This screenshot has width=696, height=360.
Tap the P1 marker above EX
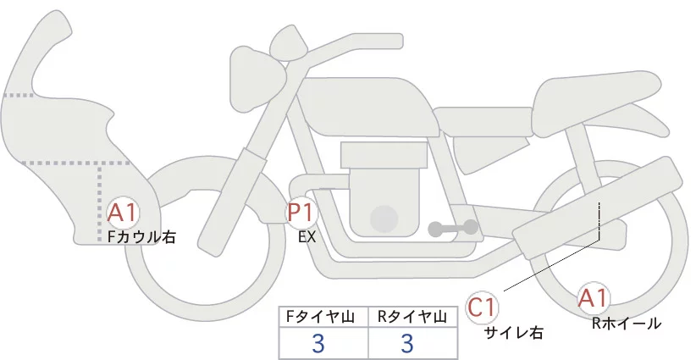point(301,213)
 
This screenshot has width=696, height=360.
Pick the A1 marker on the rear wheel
point(593,298)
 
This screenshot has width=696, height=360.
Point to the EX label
point(307,237)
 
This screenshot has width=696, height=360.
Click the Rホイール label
point(627,323)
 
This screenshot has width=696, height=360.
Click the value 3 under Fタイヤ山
point(318,343)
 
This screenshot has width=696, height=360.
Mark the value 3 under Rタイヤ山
point(406,343)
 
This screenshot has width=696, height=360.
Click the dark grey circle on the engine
point(384,219)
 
